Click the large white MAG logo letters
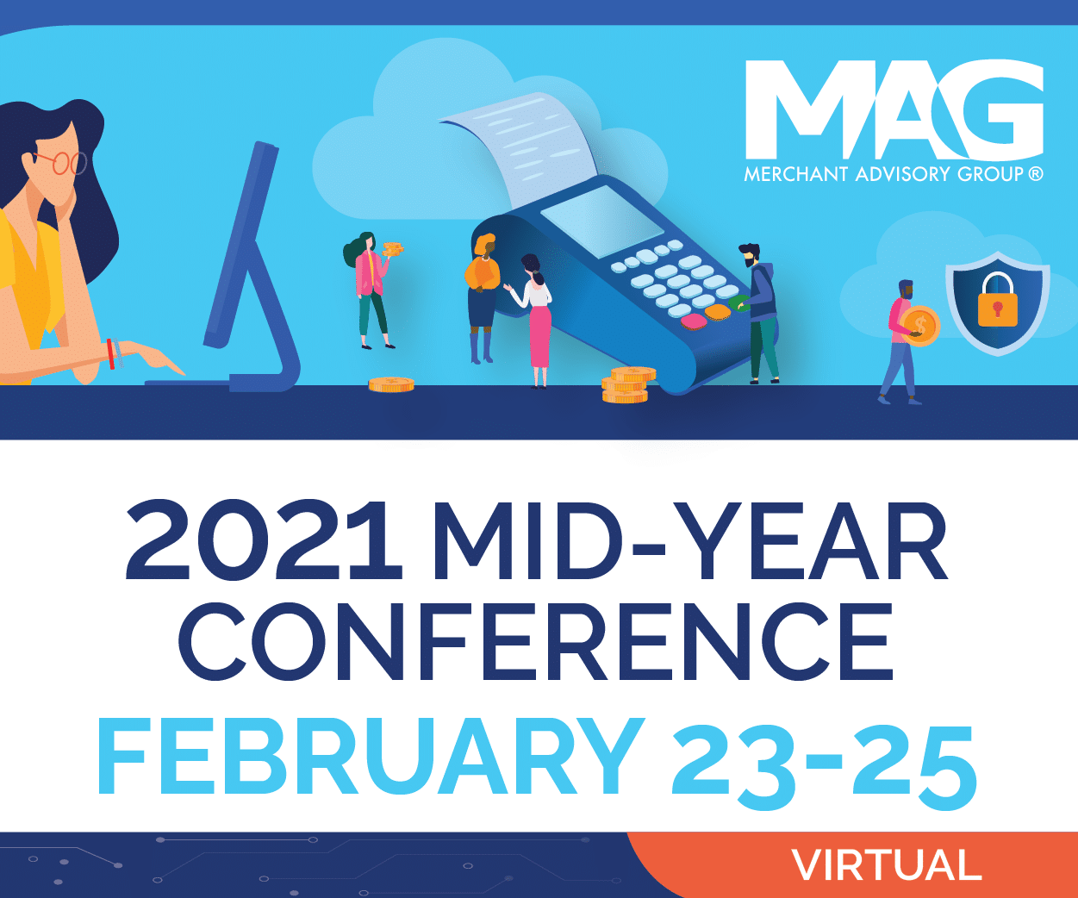click(893, 109)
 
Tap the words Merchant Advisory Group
click(893, 174)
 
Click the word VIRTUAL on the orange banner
click(886, 865)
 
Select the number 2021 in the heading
click(264, 543)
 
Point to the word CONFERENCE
click(536, 642)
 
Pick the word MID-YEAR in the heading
click(689, 543)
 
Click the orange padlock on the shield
click(998, 300)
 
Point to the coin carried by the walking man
click(920, 325)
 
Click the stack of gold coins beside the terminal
click(627, 385)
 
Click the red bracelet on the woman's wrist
click(110, 353)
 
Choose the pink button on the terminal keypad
click(694, 321)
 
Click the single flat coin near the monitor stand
click(391, 384)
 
